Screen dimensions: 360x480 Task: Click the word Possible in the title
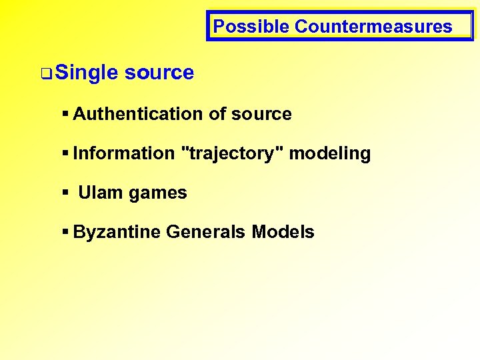pyautogui.click(x=251, y=27)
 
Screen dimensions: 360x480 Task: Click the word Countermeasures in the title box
pyautogui.click(x=373, y=27)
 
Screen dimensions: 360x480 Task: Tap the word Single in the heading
pyautogui.click(x=87, y=73)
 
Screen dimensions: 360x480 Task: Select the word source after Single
pyautogui.click(x=159, y=73)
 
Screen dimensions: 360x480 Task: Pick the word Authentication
pyautogui.click(x=139, y=114)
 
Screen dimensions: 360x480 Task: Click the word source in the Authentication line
pyautogui.click(x=261, y=114)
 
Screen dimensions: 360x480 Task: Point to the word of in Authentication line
pyautogui.click(x=217, y=114)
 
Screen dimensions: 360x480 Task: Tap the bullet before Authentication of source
pyautogui.click(x=65, y=114)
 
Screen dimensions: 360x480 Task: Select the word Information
pyautogui.click(x=123, y=153)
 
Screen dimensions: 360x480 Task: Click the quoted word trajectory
pyautogui.click(x=232, y=153)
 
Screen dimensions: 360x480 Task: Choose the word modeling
pyautogui.click(x=330, y=153)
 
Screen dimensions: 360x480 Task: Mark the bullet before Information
pyautogui.click(x=65, y=153)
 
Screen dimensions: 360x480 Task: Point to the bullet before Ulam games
pyautogui.click(x=65, y=193)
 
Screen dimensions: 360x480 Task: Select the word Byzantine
pyautogui.click(x=117, y=232)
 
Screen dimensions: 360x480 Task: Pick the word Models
pyautogui.click(x=283, y=232)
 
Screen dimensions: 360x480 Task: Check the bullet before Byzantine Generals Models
pyautogui.click(x=65, y=232)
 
